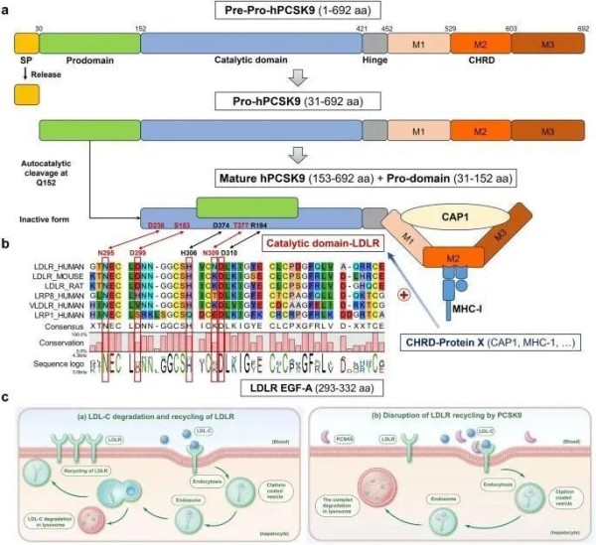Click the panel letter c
pyautogui.click(x=7, y=395)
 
